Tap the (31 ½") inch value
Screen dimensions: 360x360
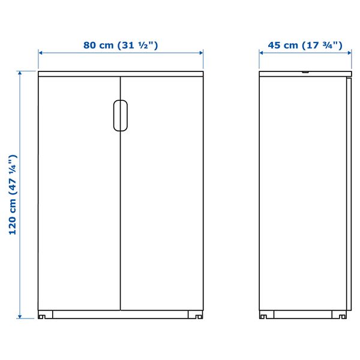point(139,45)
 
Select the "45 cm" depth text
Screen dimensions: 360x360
point(283,45)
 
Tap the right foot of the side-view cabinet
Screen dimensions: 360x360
point(341,314)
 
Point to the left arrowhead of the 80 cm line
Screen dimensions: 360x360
point(41,52)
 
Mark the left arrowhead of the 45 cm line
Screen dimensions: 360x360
point(262,52)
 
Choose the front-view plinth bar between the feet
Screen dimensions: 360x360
point(120,314)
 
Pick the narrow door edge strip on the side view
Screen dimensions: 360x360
point(347,192)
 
